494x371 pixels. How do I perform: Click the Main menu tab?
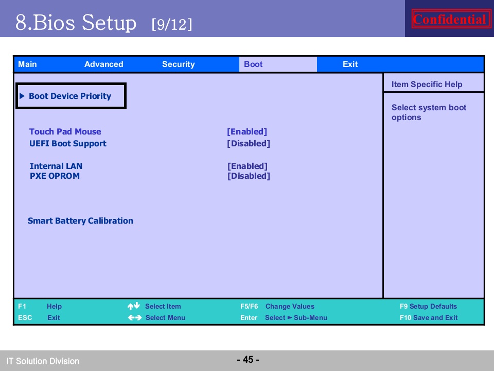(27, 64)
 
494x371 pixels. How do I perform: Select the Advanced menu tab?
(103, 64)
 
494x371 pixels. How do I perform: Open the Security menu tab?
(179, 64)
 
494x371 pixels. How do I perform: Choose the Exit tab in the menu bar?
(350, 64)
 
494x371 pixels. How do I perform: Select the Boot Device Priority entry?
(70, 96)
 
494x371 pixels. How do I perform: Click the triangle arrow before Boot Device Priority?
(22, 96)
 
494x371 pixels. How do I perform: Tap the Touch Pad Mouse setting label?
(65, 131)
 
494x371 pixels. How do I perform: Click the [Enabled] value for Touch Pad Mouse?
(247, 131)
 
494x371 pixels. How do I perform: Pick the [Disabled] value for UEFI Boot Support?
(249, 144)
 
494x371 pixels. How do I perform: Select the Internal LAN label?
(56, 166)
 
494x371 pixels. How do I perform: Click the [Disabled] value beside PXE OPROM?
(249, 176)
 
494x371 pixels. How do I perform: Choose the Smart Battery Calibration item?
(80, 221)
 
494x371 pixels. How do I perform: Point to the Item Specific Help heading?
(427, 84)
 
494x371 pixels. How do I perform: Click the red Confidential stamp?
(450, 19)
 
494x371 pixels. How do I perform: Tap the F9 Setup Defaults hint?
(428, 306)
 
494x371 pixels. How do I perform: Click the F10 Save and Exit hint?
(429, 317)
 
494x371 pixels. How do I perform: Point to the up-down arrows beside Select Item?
(134, 306)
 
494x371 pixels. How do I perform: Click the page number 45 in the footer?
(248, 359)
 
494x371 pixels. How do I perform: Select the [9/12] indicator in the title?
(172, 24)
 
